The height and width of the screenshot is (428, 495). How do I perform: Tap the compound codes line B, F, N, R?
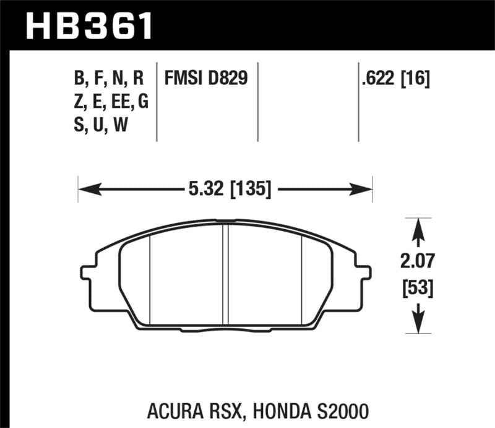[x=108, y=79]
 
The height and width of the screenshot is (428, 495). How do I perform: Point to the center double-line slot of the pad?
[x=226, y=273]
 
